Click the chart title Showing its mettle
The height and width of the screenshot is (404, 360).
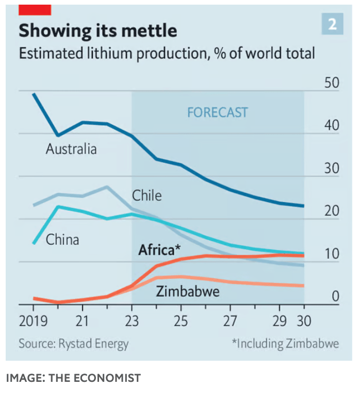[x=97, y=30]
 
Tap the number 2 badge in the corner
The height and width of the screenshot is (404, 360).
[x=333, y=25]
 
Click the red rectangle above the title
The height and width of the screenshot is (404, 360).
[x=35, y=9]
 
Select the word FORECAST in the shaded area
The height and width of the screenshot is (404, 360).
[x=217, y=112]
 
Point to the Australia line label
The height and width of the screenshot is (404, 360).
[x=71, y=149]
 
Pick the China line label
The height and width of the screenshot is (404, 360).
[x=62, y=240]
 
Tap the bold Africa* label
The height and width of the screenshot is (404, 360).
[x=159, y=250]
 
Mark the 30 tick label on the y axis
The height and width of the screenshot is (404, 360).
[x=332, y=169]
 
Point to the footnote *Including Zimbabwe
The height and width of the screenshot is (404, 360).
[x=285, y=343]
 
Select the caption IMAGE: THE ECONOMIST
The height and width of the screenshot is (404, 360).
[x=73, y=378]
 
